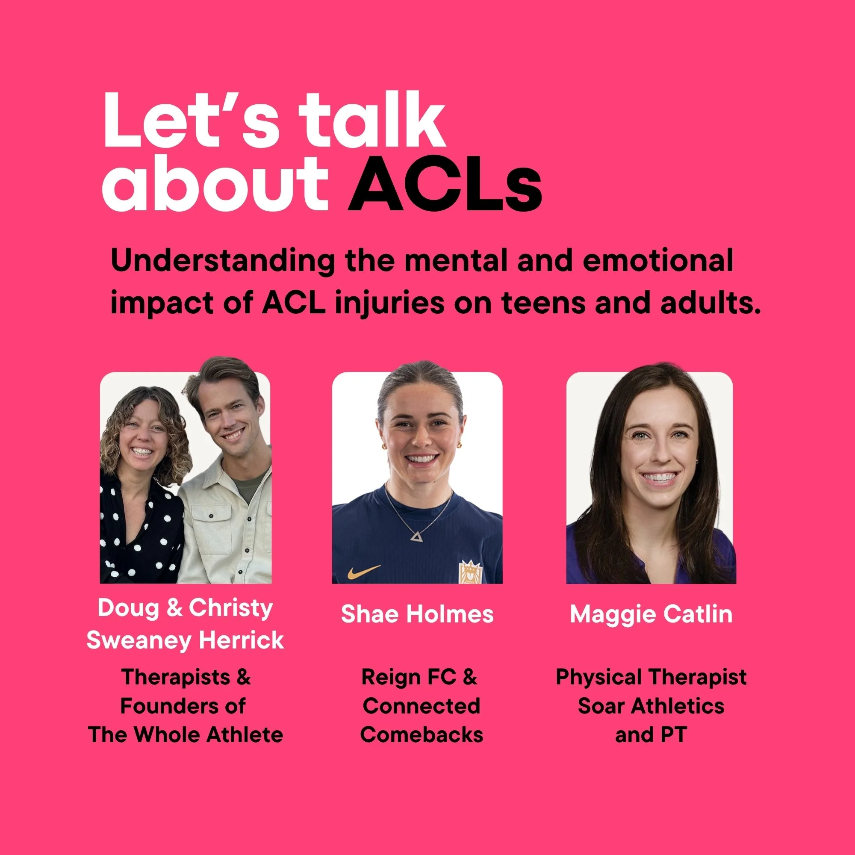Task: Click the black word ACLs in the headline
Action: point(445,185)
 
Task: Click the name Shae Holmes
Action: point(417,614)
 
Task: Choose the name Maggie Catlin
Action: point(651,614)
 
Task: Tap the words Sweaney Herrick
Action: point(185,640)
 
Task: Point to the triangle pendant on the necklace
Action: point(416,537)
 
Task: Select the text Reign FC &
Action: point(419,678)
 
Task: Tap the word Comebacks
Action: point(422,734)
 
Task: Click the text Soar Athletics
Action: point(651,706)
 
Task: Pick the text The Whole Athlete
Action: point(186,734)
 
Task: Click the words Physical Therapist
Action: point(651,678)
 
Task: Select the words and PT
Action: point(651,734)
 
